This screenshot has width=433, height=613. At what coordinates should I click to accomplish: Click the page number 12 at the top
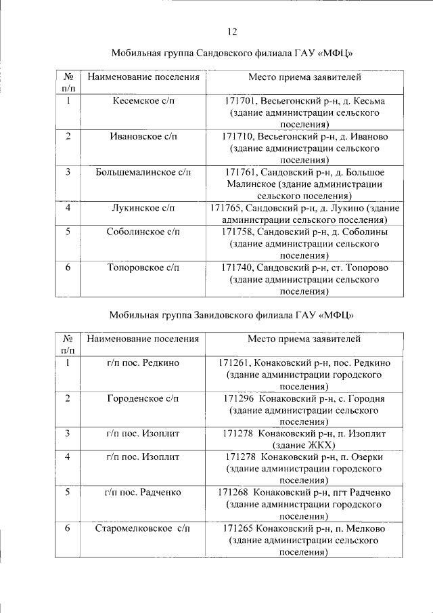[232, 32]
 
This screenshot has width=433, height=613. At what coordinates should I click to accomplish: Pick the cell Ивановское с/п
[143, 136]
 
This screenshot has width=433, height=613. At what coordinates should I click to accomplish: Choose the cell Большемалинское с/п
[143, 172]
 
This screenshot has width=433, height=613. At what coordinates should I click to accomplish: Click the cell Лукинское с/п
[143, 207]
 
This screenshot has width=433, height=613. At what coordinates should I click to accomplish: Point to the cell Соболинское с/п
[143, 232]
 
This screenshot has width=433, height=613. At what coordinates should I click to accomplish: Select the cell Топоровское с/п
[143, 267]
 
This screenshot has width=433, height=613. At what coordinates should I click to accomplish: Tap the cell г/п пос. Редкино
[143, 362]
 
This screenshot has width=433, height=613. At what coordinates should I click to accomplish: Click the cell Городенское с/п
[143, 398]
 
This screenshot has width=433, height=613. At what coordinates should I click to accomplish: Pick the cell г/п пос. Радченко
[143, 492]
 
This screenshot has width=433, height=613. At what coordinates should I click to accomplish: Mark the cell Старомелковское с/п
[143, 528]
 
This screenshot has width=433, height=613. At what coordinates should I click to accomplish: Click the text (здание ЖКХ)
[304, 445]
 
